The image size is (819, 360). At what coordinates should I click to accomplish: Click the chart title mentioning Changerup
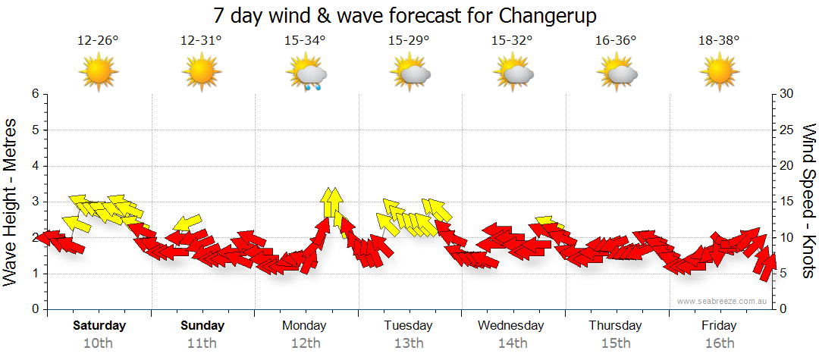click(x=409, y=16)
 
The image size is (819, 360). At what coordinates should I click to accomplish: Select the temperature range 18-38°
click(x=719, y=41)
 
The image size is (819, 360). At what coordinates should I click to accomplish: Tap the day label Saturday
click(x=99, y=326)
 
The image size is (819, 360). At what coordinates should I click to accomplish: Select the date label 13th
click(x=409, y=343)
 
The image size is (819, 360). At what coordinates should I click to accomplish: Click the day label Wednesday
click(x=511, y=326)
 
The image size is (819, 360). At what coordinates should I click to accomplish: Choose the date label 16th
click(x=719, y=343)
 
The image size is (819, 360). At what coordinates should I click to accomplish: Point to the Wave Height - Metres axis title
click(x=11, y=202)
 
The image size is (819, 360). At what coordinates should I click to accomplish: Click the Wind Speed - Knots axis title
click(x=808, y=202)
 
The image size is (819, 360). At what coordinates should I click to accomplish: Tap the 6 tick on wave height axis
click(x=34, y=94)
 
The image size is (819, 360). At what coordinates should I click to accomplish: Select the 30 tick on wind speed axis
click(x=788, y=94)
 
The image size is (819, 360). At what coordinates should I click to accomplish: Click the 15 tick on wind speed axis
click(x=788, y=202)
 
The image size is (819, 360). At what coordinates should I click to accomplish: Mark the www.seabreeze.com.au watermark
click(x=723, y=301)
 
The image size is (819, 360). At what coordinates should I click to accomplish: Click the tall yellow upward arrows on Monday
click(x=331, y=204)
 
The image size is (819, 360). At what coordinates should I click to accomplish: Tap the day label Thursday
click(x=615, y=326)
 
